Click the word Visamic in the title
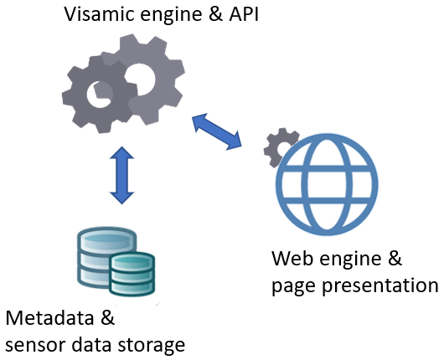pos(100,14)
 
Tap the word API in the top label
pos(244,14)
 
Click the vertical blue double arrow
pos(121,175)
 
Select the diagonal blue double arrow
pos(217,131)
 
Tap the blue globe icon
pos(327,184)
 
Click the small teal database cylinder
pos(132,274)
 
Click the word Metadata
pos(49,318)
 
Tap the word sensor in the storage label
pos(35,345)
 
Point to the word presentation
pos(380,285)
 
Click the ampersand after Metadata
pos(107,318)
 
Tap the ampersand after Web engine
pos(395,258)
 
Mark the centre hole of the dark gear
pos(99,95)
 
